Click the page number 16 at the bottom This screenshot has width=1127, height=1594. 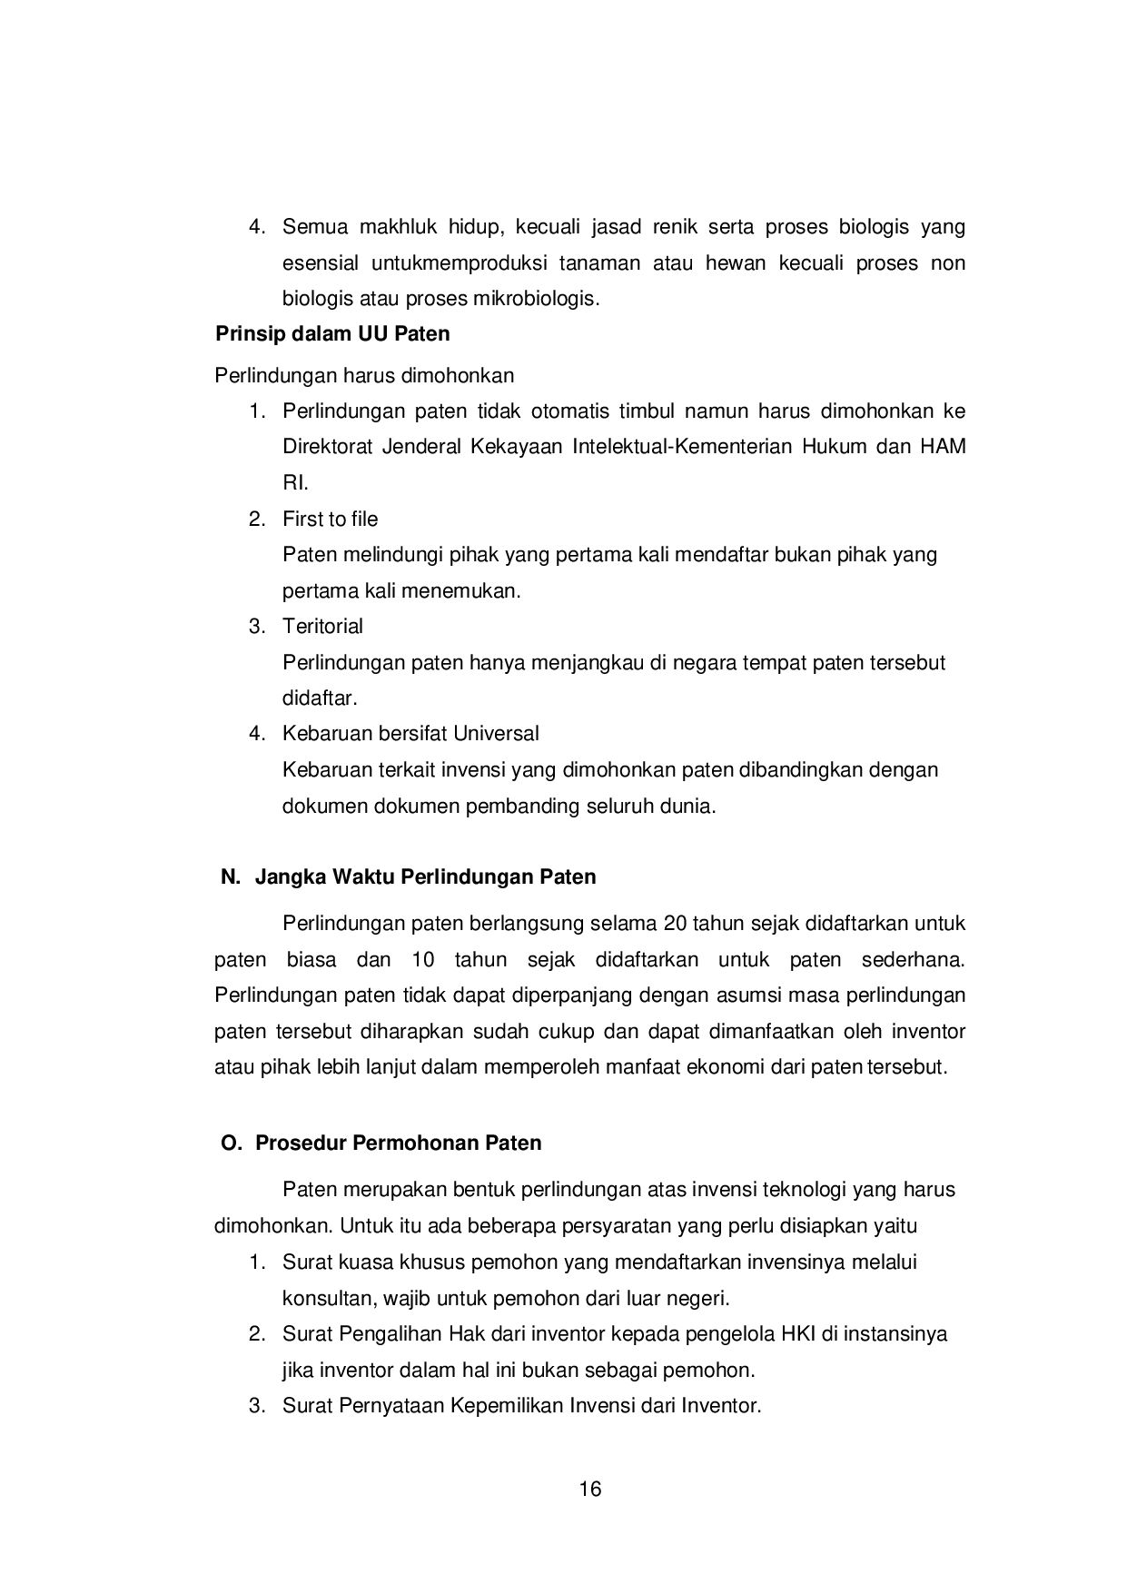pos(589,1489)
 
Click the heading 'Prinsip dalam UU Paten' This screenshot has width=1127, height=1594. pos(332,334)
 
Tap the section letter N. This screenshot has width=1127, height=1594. pos(230,877)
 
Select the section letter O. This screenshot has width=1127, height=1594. pos(231,1143)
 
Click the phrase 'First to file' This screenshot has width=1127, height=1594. pos(330,519)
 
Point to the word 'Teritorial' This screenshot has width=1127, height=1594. pos(322,626)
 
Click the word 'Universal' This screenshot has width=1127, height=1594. pos(496,733)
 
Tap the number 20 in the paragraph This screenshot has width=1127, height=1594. pos(676,924)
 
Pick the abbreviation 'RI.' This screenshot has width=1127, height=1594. pos(295,482)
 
